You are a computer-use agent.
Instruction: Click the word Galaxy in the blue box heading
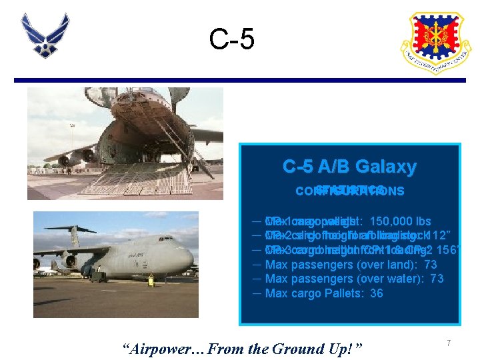pyautogui.click(x=385, y=167)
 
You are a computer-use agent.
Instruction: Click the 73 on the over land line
pyautogui.click(x=431, y=264)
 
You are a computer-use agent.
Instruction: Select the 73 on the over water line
pyautogui.click(x=436, y=279)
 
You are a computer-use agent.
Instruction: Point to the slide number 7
pyautogui.click(x=449, y=343)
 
